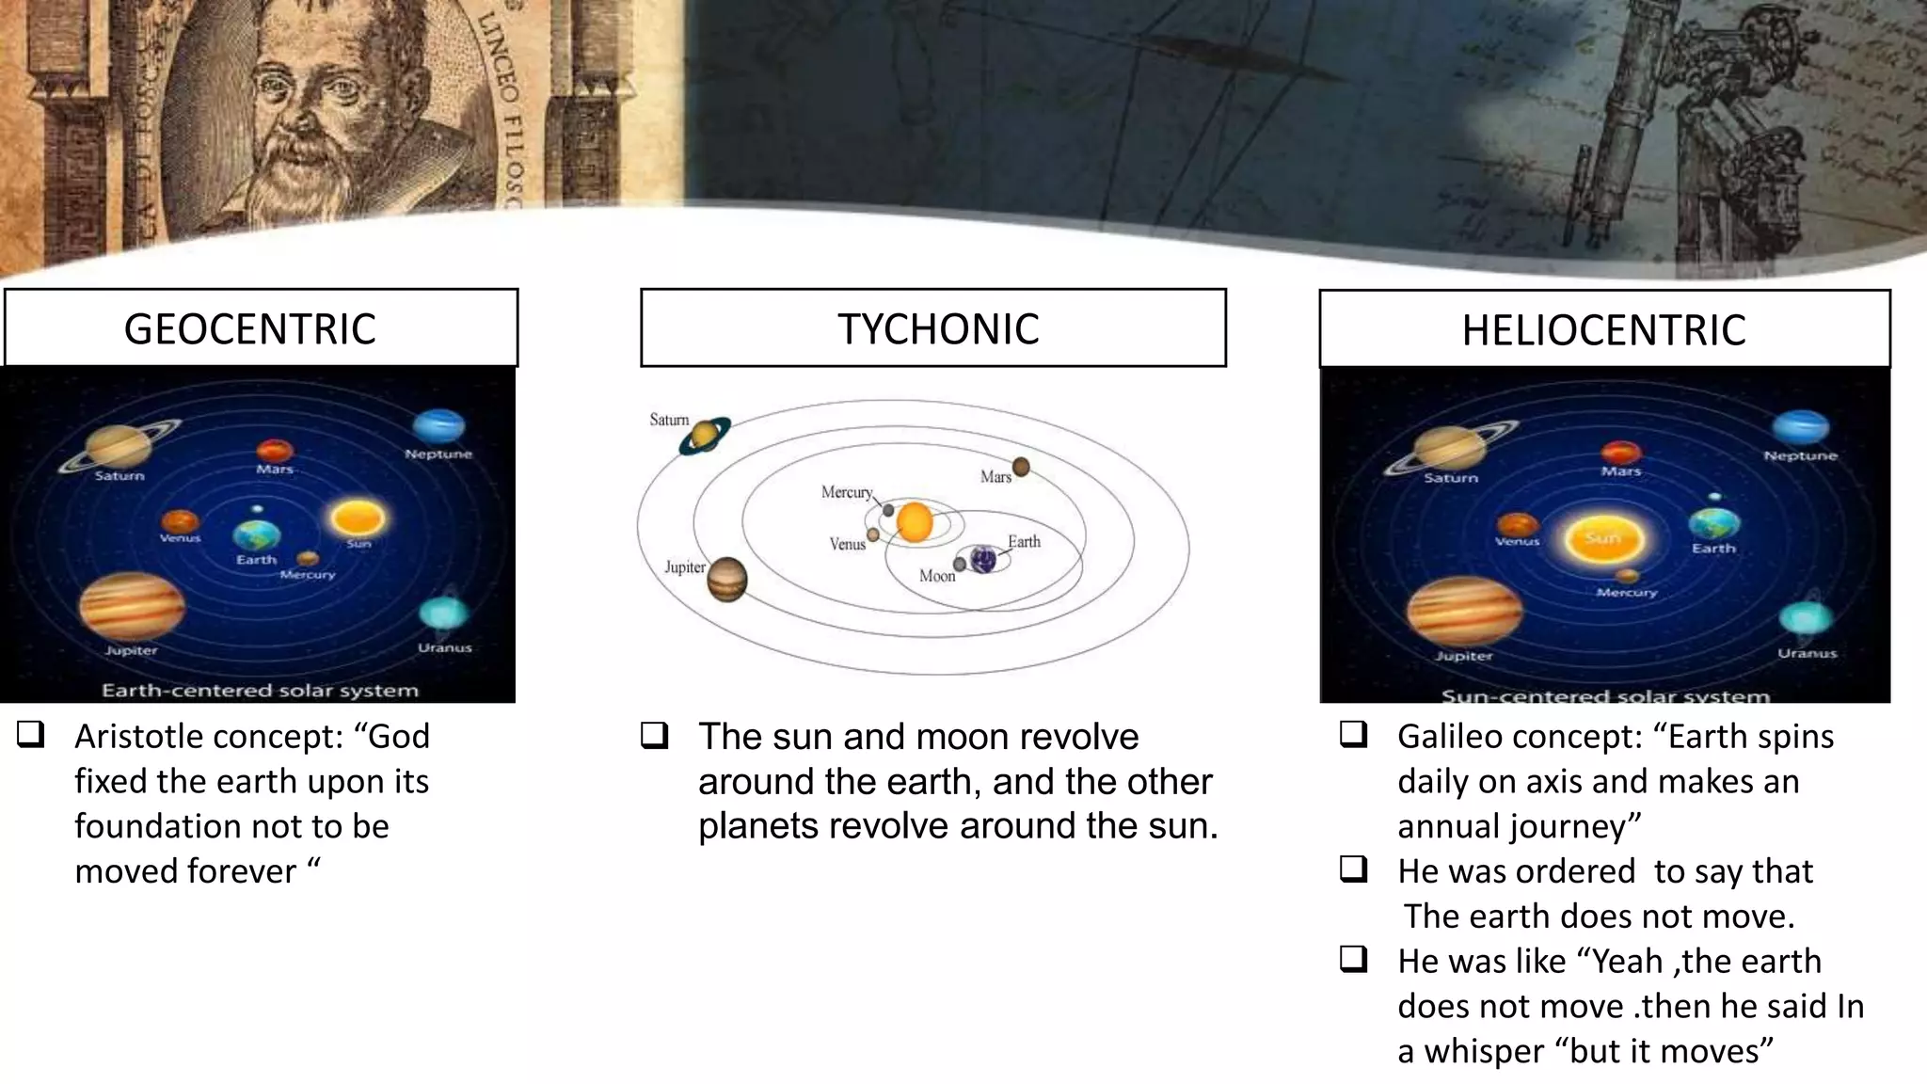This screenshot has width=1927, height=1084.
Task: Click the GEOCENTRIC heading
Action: coord(249,329)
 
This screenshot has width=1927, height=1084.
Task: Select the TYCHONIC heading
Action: coord(938,329)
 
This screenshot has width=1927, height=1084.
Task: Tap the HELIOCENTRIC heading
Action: coord(1603,330)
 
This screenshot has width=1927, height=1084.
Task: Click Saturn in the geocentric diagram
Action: coord(114,445)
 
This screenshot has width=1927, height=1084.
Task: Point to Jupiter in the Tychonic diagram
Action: coord(726,579)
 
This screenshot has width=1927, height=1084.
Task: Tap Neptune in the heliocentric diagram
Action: coord(1800,427)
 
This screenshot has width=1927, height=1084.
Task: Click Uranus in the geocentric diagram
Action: coord(442,614)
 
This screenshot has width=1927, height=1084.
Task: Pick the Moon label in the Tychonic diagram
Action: coord(937,576)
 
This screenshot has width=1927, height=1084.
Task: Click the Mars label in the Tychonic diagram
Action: coord(995,477)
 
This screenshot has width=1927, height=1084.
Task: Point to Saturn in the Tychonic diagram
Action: coord(704,435)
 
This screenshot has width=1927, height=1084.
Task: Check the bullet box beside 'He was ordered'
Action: coord(1353,869)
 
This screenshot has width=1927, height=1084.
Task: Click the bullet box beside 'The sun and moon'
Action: coord(654,735)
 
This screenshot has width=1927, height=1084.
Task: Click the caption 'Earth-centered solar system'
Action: coord(260,691)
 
